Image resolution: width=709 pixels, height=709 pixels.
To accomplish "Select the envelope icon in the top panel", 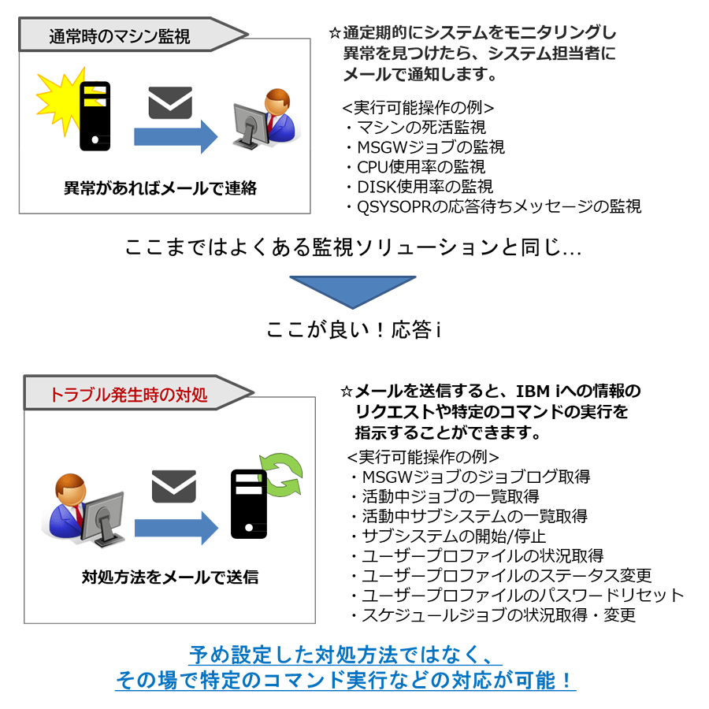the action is [170, 102].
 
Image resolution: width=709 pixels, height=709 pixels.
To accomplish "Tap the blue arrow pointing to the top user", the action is [176, 136].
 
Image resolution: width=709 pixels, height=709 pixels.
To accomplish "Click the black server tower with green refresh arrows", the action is [248, 503].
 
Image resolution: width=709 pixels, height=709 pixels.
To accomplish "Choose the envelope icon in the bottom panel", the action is [173, 486].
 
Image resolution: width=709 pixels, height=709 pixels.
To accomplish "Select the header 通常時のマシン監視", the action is [120, 36].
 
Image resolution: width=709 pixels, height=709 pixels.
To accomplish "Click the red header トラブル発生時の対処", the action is [128, 395].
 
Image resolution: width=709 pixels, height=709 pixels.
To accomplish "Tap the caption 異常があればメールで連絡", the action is [160, 188].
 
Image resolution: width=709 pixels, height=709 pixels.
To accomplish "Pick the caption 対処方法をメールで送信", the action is [170, 577].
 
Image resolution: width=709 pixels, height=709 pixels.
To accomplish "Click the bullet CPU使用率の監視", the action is [417, 167].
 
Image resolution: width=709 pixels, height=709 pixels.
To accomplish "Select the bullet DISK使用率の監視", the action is [420, 187].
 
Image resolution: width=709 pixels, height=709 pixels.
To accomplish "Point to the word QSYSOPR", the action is [395, 206].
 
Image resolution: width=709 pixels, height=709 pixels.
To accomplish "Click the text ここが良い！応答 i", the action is [354, 329].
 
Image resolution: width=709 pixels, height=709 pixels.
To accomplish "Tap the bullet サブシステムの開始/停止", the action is [449, 536].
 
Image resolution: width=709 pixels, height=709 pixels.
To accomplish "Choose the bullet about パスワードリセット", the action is [518, 595].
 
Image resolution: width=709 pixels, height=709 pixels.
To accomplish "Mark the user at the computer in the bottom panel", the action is [84, 510].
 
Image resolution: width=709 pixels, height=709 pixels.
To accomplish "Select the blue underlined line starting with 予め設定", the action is [346, 655].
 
